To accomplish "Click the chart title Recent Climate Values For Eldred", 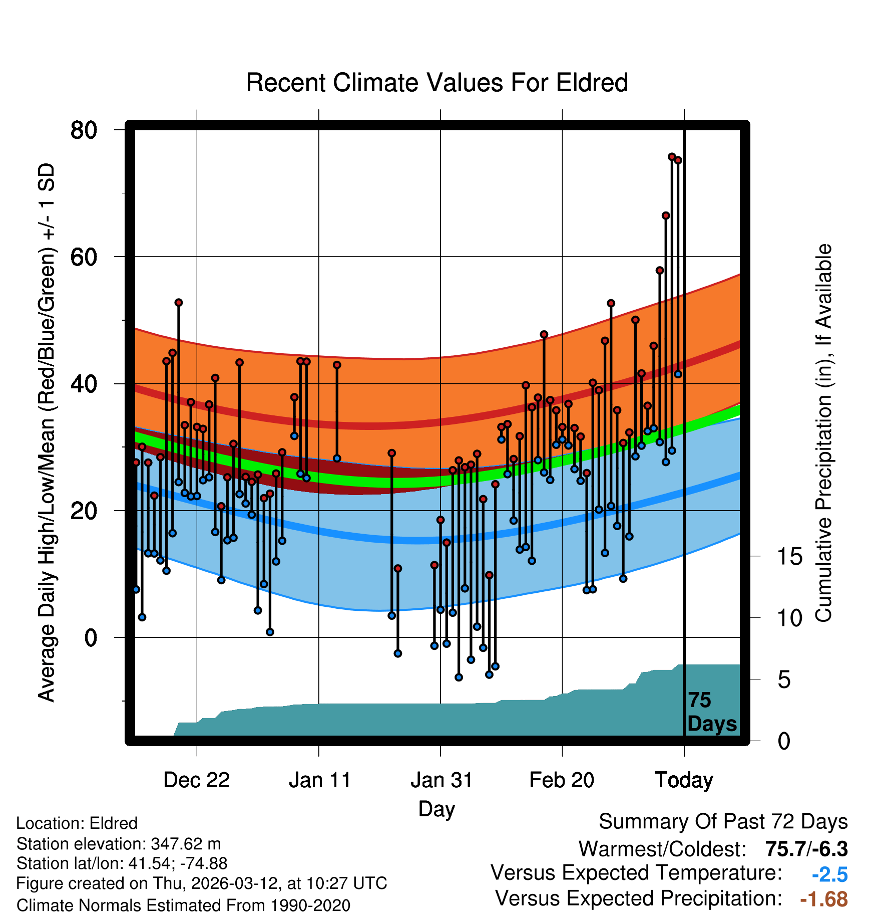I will point(437,83).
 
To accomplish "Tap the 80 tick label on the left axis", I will point(84,130).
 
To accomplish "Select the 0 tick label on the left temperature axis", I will point(91,638).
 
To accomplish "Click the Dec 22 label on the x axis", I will point(196,780).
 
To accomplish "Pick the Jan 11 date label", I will point(319,780).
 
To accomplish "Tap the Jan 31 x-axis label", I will point(441,780).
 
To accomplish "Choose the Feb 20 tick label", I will point(562,780).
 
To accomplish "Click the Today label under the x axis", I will point(684,780).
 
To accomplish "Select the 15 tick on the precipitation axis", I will point(789,557).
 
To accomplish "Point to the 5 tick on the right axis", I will point(784,680).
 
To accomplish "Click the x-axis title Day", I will point(436,809).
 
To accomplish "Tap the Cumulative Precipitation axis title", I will point(823,433).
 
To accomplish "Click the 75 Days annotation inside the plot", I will point(711,712).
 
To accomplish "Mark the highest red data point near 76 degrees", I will point(672,157).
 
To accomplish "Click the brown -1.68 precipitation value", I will point(824,899).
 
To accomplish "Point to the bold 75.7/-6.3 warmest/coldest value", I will point(806,849).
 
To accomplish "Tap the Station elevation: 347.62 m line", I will point(119,844).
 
